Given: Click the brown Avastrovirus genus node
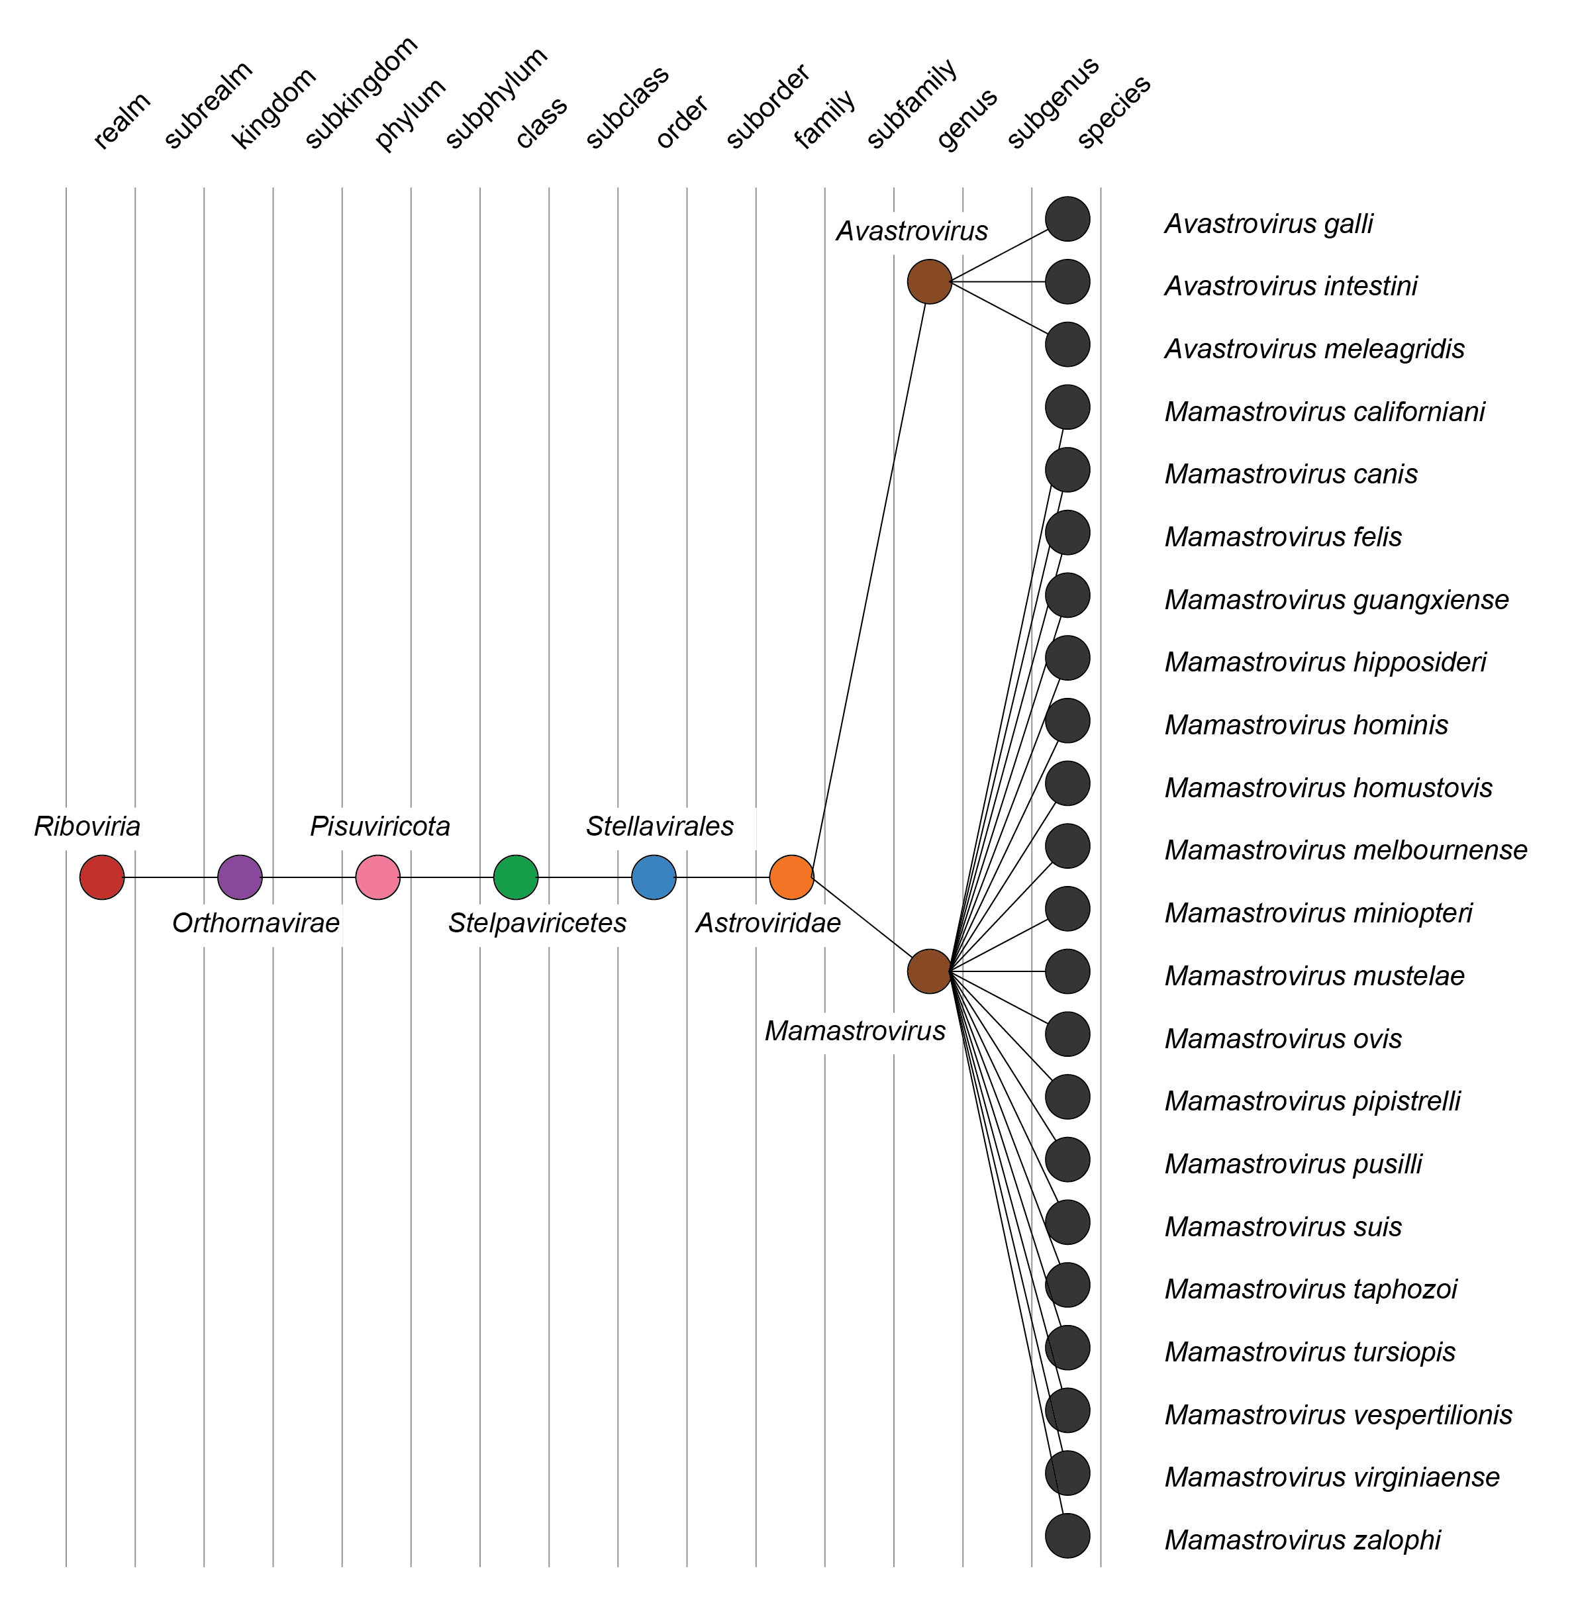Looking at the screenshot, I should click(x=930, y=282).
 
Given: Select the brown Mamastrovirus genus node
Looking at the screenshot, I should click(x=930, y=971).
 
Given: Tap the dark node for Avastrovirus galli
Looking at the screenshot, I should click(x=1067, y=219).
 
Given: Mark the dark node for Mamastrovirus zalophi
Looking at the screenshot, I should click(x=1067, y=1536).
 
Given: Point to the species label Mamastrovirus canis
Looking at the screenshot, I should click(x=1291, y=474).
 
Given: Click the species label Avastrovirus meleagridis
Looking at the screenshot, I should click(x=1314, y=349).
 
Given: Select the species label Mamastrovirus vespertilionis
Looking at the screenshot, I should click(x=1338, y=1415).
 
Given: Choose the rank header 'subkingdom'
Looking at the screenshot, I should click(x=361, y=93).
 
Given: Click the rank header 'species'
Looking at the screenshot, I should click(x=1113, y=112).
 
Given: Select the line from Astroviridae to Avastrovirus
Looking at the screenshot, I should click(x=869, y=579).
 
